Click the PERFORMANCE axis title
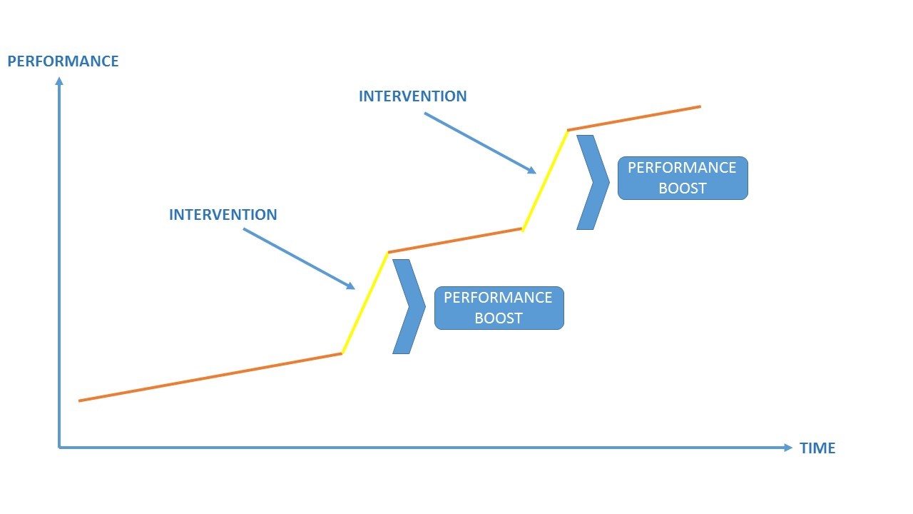point(63,61)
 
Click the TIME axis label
point(817,448)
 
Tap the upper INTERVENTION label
point(412,96)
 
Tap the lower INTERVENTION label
point(223,215)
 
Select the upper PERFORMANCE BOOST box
point(682,178)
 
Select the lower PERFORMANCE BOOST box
point(499,308)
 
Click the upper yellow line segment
point(546,180)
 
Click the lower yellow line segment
point(365,303)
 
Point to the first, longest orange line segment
point(210,377)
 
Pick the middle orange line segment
point(455,241)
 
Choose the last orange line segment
point(634,119)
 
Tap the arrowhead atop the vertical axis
point(59,81)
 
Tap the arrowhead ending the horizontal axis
point(787,448)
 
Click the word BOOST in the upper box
point(682,188)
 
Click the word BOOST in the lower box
point(499,318)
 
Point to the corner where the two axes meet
point(60,448)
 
